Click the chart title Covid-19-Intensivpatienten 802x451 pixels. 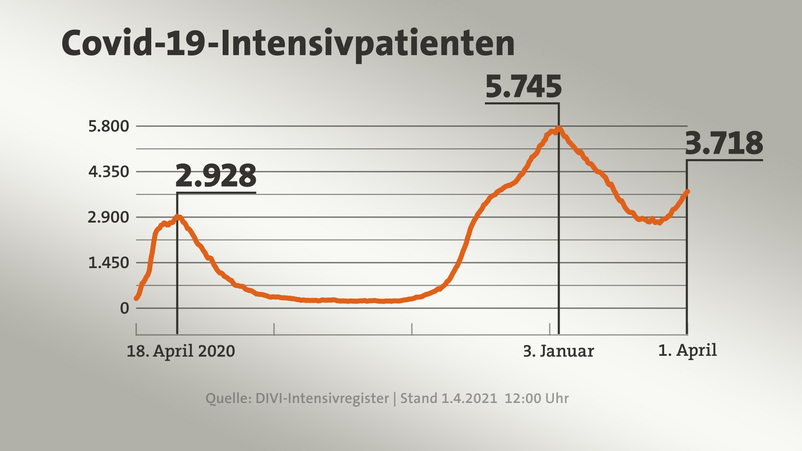[x=288, y=43]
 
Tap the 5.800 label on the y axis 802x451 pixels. [x=109, y=126]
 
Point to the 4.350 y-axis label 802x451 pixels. [x=109, y=172]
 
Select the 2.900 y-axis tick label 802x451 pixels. [x=109, y=217]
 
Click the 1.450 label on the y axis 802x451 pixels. [x=109, y=263]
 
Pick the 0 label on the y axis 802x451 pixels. [x=124, y=308]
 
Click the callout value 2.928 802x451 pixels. [x=216, y=176]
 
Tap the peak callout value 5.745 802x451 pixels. [x=523, y=87]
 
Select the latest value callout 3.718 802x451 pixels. [x=724, y=143]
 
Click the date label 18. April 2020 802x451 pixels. [x=181, y=351]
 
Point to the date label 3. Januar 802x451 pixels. [x=558, y=351]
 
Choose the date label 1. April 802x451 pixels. [x=688, y=350]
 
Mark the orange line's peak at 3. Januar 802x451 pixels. [x=558, y=129]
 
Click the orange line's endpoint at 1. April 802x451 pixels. [x=687, y=192]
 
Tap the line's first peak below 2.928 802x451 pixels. [x=178, y=217]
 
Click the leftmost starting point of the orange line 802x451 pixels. [x=136, y=298]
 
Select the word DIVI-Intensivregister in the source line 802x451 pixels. [x=322, y=398]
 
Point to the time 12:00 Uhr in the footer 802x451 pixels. [x=537, y=398]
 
